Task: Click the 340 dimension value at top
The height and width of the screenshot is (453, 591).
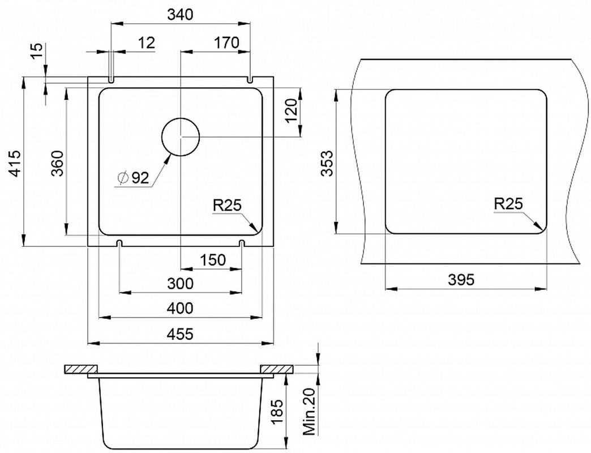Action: click(180, 14)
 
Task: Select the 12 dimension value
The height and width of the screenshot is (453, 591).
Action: click(147, 42)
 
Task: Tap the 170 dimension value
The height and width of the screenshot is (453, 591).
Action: click(226, 42)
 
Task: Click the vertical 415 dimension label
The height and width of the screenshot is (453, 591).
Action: click(15, 163)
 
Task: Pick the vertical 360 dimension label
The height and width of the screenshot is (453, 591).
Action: click(58, 163)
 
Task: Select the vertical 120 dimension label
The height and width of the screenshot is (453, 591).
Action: click(292, 111)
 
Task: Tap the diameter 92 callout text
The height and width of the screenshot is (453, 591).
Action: click(134, 177)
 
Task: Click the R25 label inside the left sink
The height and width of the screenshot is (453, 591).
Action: click(227, 206)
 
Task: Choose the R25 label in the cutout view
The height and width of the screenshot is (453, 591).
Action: click(508, 204)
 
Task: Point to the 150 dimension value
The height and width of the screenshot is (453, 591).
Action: click(213, 260)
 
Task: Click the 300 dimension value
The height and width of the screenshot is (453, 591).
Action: click(180, 283)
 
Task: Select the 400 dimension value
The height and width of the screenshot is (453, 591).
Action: click(180, 308)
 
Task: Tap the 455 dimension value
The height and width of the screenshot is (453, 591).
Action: click(180, 334)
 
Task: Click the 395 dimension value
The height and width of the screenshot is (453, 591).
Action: click(461, 280)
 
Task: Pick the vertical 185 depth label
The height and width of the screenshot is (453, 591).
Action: click(277, 413)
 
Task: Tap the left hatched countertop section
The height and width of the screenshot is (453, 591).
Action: click(81, 369)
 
